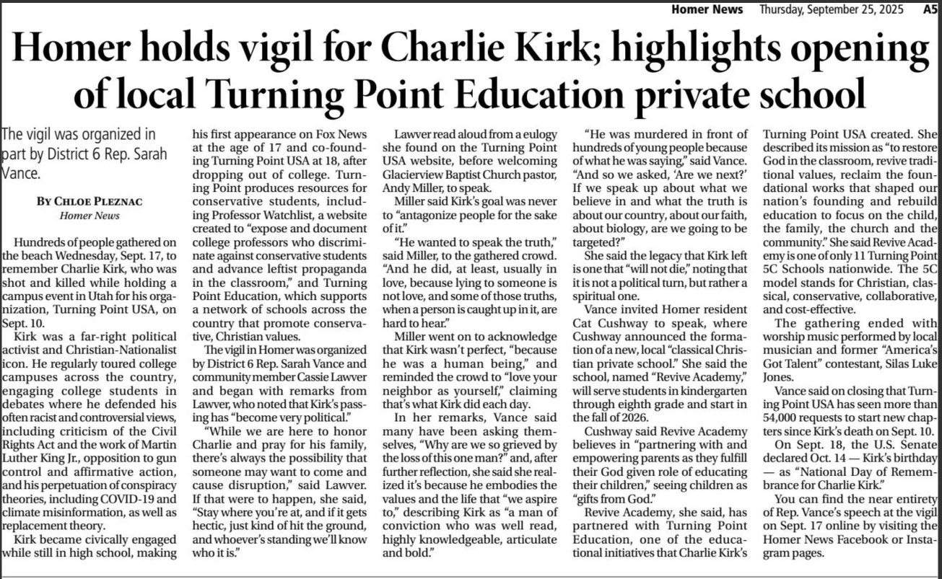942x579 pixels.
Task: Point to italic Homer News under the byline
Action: click(79, 215)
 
